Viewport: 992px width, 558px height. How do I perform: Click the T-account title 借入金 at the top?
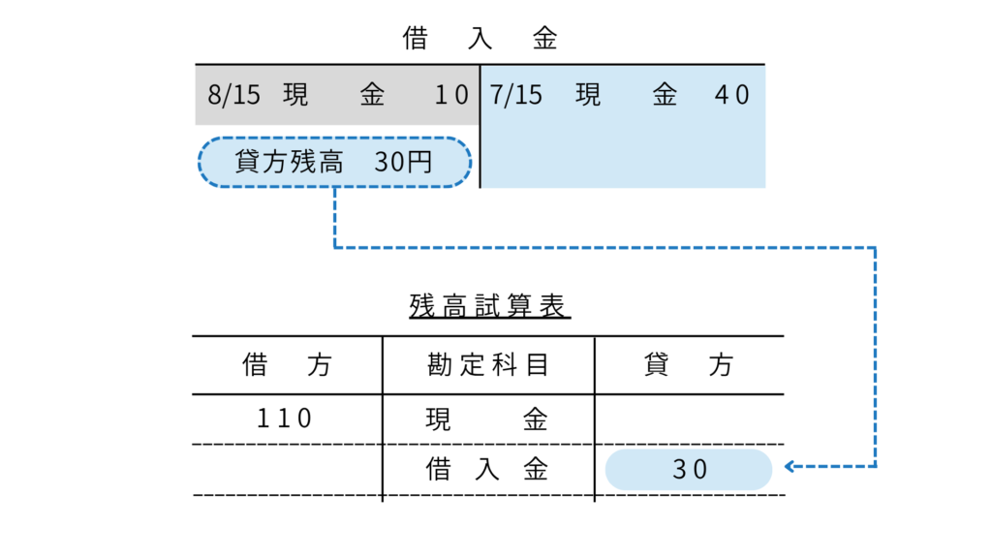480,40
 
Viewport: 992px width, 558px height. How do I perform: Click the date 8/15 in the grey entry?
233,95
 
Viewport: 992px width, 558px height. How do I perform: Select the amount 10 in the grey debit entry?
451,95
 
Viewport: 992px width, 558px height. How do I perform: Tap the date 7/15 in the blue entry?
515,95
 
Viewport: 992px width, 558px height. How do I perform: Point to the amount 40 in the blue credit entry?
732,95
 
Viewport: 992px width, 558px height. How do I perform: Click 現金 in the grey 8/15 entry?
333,95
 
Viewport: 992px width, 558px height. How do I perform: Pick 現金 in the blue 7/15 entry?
625,95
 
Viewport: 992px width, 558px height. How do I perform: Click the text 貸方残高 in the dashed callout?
290,162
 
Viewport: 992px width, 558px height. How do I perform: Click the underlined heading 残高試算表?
490,307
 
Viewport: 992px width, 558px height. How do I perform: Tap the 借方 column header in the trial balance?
287,365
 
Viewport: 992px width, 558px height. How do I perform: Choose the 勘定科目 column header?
488,365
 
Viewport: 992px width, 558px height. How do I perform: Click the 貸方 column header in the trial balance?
689,365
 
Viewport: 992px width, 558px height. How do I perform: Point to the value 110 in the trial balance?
286,418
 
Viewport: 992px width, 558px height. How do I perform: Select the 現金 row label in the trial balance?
487,418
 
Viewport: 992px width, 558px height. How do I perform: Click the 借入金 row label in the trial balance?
487,470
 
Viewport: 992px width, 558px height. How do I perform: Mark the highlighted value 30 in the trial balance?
690,470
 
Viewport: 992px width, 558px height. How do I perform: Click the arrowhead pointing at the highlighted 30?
790,467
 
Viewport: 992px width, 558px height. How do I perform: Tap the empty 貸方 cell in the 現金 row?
689,418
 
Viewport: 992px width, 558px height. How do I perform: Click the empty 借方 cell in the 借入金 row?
287,470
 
